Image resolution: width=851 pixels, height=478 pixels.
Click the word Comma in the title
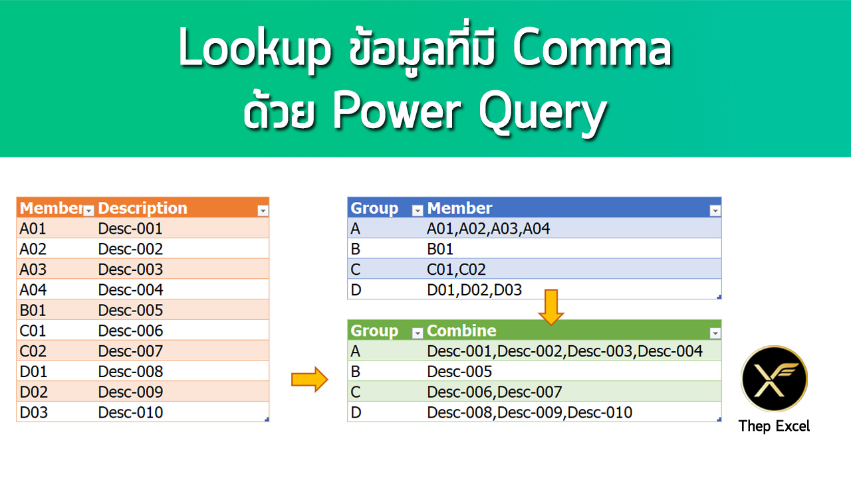pyautogui.click(x=592, y=52)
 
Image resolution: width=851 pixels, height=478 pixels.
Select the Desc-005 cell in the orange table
pyautogui.click(x=130, y=310)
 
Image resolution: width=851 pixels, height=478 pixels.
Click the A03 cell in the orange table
pyautogui.click(x=34, y=269)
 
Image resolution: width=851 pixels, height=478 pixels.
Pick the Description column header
pyautogui.click(x=142, y=208)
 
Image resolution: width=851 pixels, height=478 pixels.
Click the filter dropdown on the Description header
pyautogui.click(x=263, y=210)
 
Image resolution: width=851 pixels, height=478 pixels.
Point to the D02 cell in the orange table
pyautogui.click(x=34, y=392)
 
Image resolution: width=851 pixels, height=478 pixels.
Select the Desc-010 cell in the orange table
pyautogui.click(x=130, y=412)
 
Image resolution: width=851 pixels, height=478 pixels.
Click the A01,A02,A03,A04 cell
pyautogui.click(x=489, y=229)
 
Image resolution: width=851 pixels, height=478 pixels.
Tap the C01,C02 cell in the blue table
pyautogui.click(x=457, y=270)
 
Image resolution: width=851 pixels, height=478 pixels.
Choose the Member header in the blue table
pyautogui.click(x=460, y=208)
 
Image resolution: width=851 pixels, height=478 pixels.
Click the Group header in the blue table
pyautogui.click(x=374, y=208)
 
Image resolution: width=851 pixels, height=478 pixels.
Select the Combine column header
pyautogui.click(x=461, y=331)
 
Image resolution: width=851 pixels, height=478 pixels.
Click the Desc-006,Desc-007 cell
pyautogui.click(x=495, y=392)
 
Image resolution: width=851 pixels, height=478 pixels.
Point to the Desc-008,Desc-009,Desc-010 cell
pyautogui.click(x=530, y=412)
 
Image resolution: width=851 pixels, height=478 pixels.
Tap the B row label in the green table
pyautogui.click(x=356, y=371)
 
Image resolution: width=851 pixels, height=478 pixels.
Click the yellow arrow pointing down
pyautogui.click(x=551, y=307)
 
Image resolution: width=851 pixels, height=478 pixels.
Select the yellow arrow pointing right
pyautogui.click(x=310, y=380)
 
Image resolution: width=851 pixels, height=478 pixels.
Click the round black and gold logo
pyautogui.click(x=774, y=378)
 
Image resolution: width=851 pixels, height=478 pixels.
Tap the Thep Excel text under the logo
pyautogui.click(x=774, y=426)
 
